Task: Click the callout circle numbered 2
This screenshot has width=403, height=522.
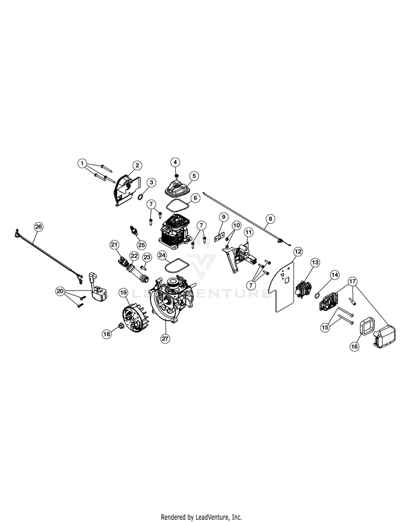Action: [x=138, y=165]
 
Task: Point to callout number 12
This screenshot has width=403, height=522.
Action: [x=297, y=251]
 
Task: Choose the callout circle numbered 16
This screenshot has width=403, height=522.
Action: [x=354, y=347]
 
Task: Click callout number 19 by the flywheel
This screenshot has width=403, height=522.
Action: [x=123, y=293]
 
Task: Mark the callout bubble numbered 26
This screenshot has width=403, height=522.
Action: [x=38, y=226]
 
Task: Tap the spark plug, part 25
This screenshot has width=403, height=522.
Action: [x=134, y=231]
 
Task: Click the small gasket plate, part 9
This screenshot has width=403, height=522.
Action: [x=219, y=235]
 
